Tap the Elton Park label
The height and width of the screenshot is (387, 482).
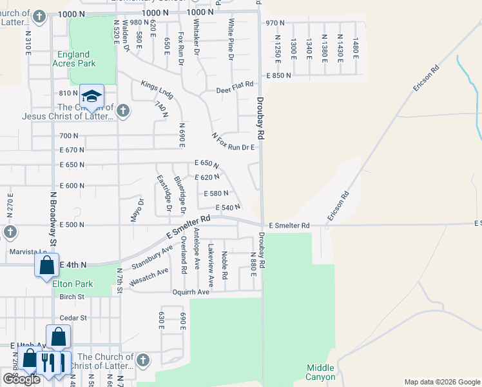tap(74, 284)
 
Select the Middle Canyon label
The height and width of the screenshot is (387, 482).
tap(320, 372)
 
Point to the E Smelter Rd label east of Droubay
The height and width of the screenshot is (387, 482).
tap(289, 225)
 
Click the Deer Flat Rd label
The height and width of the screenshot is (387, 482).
tap(235, 90)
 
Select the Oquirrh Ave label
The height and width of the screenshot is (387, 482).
tap(191, 292)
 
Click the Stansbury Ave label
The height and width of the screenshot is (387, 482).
tap(152, 257)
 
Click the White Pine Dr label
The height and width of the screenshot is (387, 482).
tap(231, 40)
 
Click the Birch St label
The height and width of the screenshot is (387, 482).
tap(72, 297)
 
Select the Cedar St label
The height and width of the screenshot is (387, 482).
tap(72, 318)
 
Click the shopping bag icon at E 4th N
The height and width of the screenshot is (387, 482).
tap(46, 265)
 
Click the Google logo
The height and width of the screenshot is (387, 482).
tap(21, 379)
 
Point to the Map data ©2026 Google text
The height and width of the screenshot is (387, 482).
tap(441, 382)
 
